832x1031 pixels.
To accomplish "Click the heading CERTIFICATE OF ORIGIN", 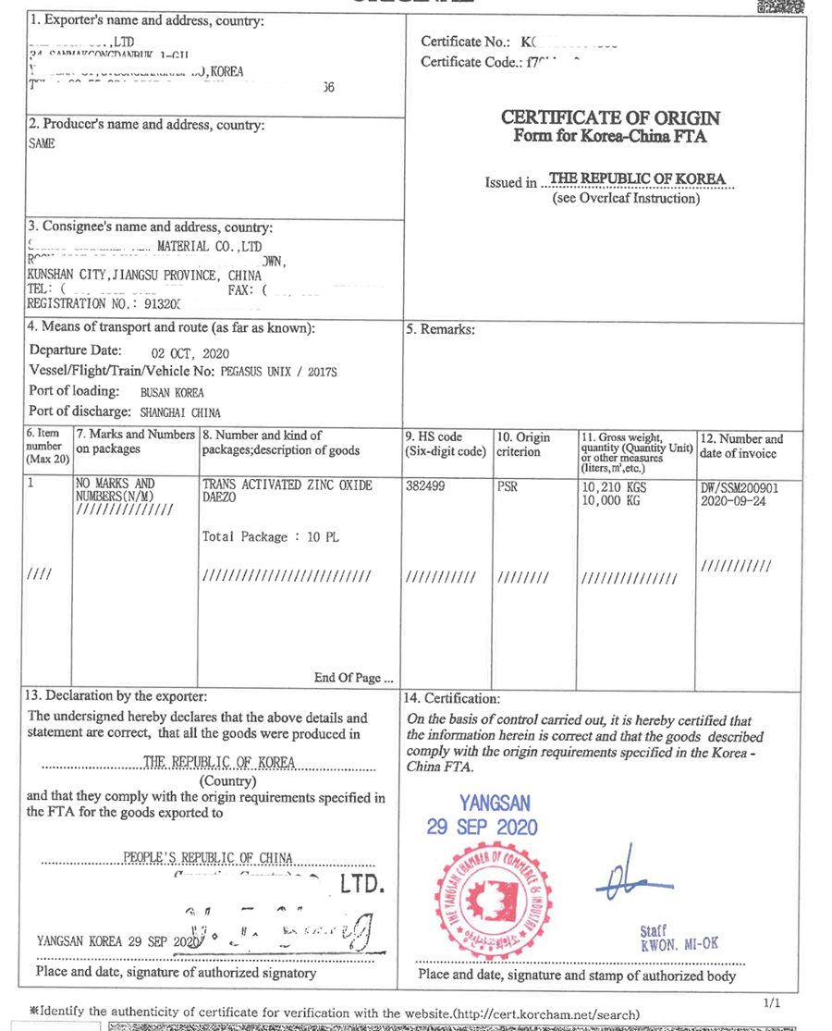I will click(x=609, y=118).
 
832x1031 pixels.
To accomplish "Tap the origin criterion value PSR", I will click(x=508, y=485).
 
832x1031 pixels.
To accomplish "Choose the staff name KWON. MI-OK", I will click(x=679, y=944).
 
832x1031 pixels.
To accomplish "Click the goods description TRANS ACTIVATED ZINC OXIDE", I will click(x=287, y=485).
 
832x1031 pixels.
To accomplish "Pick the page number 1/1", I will click(x=772, y=1002).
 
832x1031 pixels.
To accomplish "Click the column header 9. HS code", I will click(x=434, y=437).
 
